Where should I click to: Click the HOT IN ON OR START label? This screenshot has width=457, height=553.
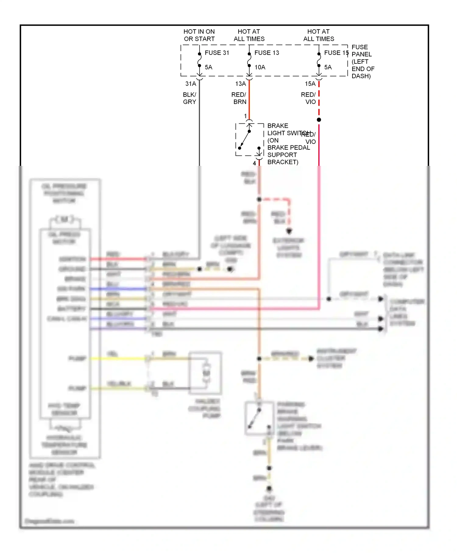[199, 35]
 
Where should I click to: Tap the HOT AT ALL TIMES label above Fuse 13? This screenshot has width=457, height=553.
[249, 35]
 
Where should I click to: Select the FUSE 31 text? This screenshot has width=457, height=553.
[217, 53]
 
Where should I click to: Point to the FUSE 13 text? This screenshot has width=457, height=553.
[267, 53]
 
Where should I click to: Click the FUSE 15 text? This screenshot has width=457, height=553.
[336, 53]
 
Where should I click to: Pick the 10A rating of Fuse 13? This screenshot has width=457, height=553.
[260, 67]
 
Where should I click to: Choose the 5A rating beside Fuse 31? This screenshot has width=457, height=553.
[208, 67]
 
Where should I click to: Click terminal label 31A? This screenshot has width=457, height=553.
[191, 84]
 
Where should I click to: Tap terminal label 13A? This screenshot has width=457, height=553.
[240, 84]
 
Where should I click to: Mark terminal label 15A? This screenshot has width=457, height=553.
[310, 84]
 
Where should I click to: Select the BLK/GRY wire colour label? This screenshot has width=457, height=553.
[190, 98]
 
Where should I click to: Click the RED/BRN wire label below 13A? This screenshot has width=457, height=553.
[239, 98]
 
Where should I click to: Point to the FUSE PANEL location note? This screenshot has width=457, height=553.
[363, 62]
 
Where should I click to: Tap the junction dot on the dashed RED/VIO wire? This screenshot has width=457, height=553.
[319, 120]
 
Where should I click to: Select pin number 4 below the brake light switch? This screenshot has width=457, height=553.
[254, 163]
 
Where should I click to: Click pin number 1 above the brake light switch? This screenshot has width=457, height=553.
[245, 116]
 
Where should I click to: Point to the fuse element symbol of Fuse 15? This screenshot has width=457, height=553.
[319, 60]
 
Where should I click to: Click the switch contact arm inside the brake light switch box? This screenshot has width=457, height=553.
[245, 140]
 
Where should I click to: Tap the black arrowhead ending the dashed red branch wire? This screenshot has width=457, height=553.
[289, 231]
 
